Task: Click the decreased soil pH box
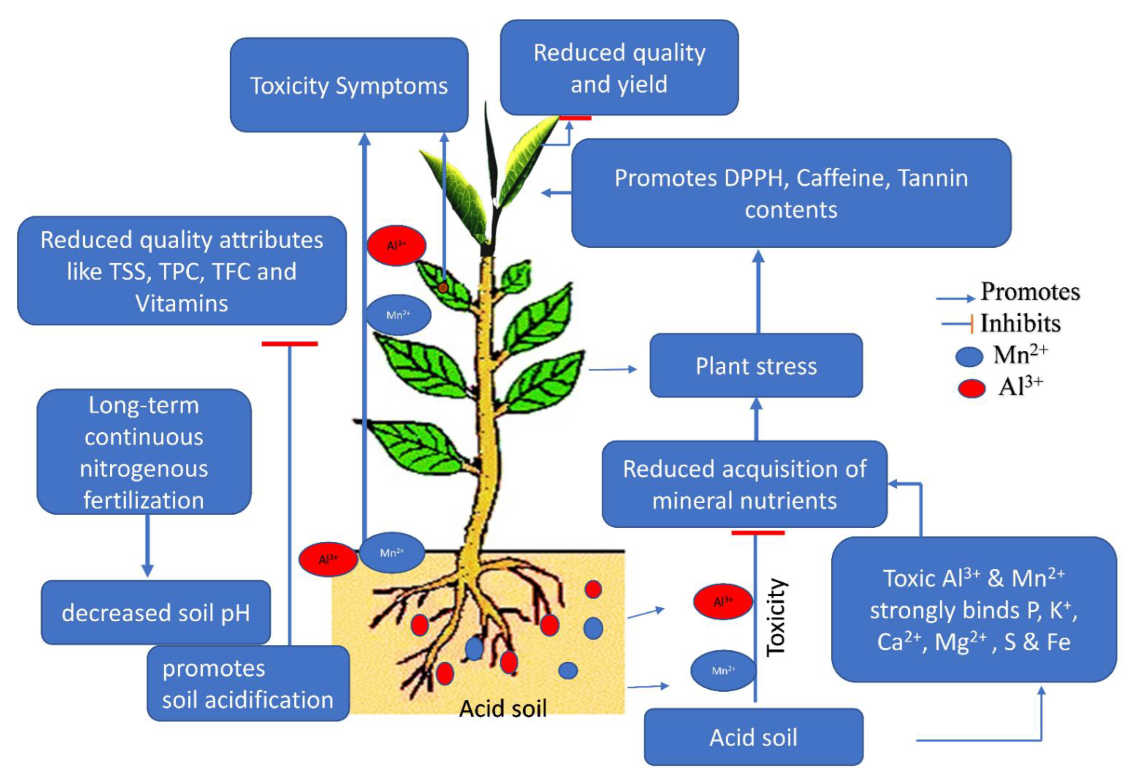(x=155, y=612)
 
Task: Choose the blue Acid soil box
(x=753, y=737)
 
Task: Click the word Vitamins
(x=182, y=303)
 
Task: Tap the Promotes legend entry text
(x=1030, y=292)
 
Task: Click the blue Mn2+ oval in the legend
(x=969, y=356)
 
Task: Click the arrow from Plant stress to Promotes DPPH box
(x=758, y=293)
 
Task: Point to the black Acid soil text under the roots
(x=503, y=708)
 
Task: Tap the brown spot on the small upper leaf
(x=442, y=288)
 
